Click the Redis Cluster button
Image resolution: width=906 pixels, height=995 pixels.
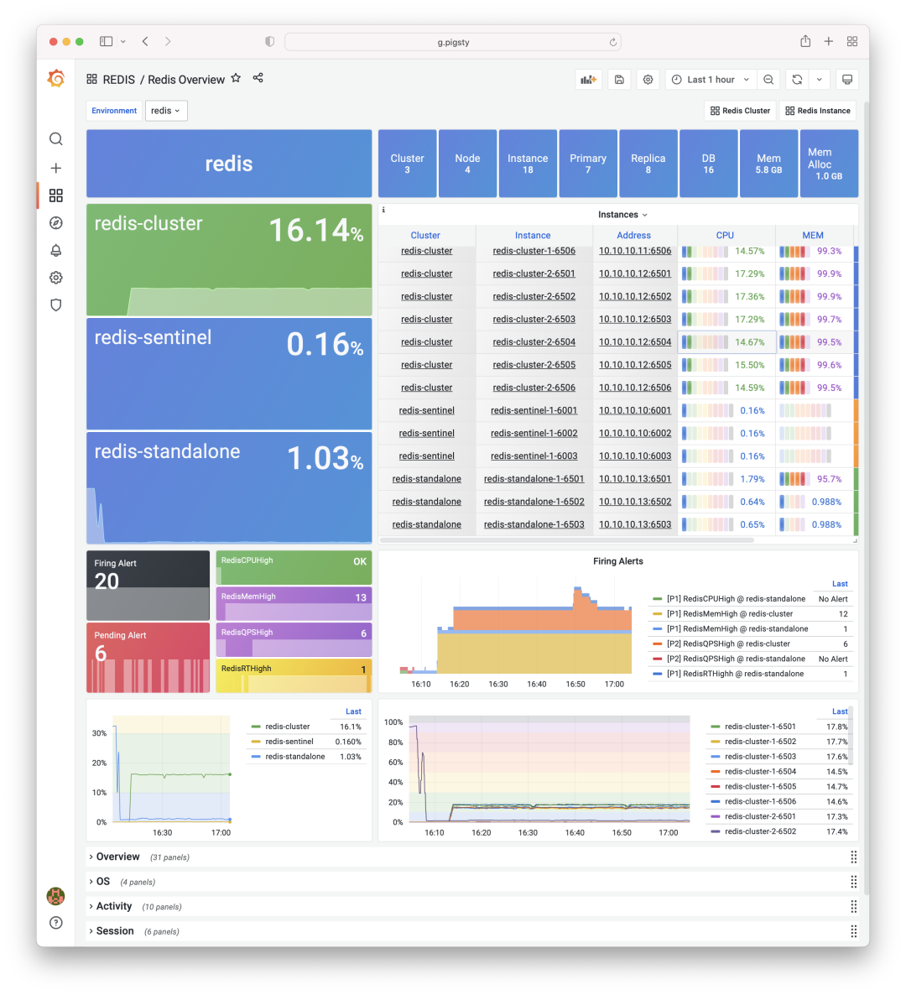740,111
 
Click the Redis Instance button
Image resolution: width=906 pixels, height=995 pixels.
817,111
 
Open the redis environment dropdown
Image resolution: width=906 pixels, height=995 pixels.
166,111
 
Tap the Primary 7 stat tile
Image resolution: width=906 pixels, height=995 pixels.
588,164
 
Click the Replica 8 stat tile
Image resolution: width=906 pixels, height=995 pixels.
648,164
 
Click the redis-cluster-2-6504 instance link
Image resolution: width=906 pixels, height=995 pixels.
534,342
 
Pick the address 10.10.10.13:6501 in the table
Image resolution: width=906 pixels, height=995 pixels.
635,479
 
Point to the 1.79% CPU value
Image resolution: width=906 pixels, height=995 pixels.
752,479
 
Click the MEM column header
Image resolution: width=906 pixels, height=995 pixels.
813,236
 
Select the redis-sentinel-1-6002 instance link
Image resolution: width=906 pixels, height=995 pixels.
534,434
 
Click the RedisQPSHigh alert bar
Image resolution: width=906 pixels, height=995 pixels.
294,640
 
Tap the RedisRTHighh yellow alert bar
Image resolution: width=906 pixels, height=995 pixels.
294,675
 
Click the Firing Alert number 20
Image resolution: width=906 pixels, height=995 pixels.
107,581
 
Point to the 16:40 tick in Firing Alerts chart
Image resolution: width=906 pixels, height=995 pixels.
537,685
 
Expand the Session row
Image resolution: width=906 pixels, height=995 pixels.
114,931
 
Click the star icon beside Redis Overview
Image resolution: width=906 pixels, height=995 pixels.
236,78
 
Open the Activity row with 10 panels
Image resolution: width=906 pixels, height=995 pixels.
113,906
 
